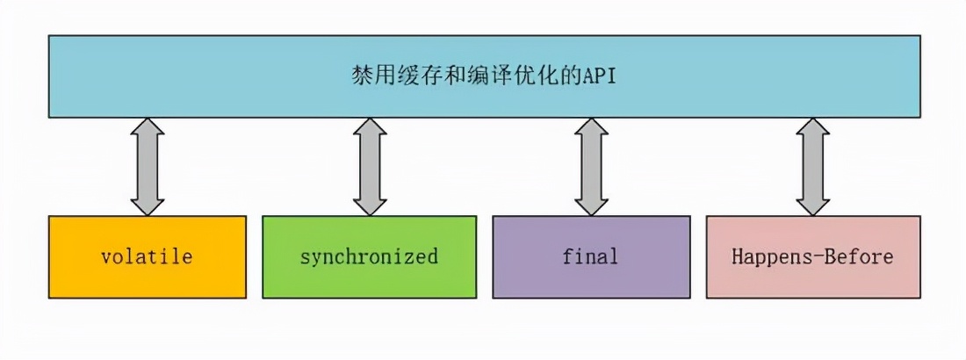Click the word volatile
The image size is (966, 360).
pos(147,257)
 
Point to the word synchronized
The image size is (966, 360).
pos(369,257)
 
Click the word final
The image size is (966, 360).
pos(590,257)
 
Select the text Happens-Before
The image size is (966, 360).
pos(813,257)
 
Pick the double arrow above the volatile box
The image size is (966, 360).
pos(147,167)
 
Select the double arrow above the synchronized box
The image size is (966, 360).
pos(370,167)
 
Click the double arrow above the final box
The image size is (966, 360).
pos(591,167)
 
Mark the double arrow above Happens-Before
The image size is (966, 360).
pos(813,167)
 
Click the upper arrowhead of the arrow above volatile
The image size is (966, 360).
pos(147,130)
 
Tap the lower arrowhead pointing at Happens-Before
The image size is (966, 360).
pos(813,204)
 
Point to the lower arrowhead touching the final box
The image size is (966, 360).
pos(591,204)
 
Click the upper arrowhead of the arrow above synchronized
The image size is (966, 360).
pos(370,130)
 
